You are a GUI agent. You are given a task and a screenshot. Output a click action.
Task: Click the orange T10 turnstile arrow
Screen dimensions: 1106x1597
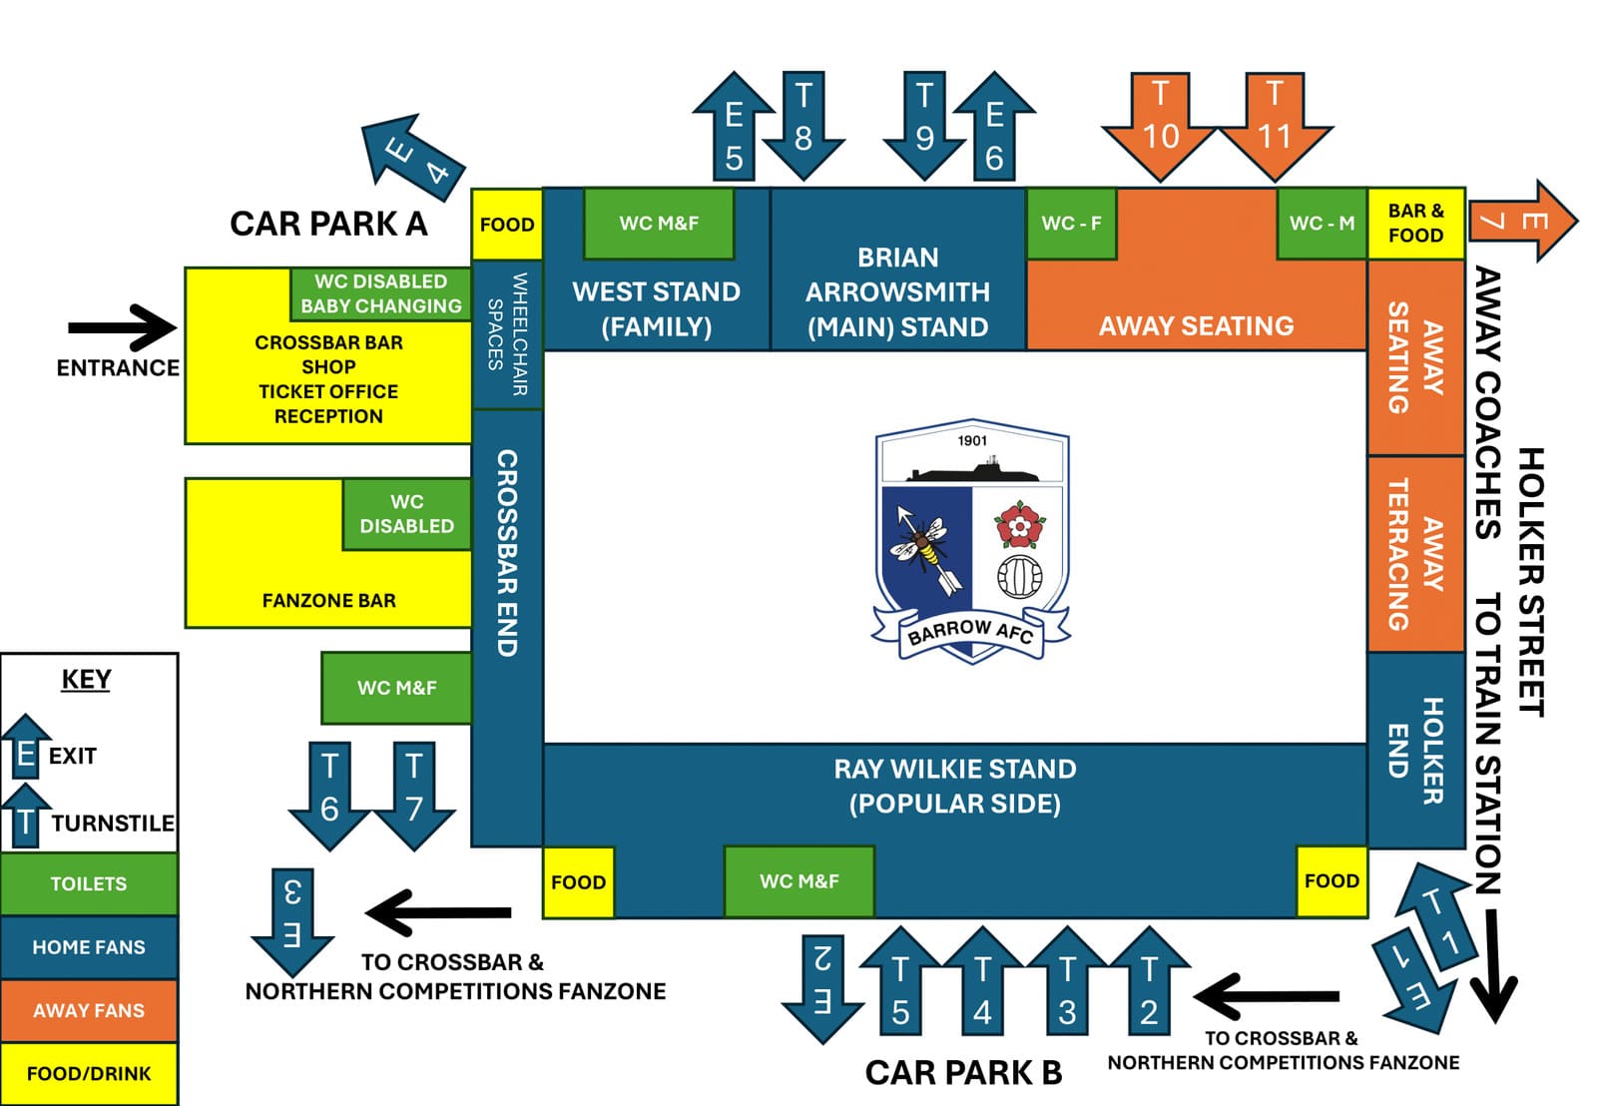(x=1159, y=125)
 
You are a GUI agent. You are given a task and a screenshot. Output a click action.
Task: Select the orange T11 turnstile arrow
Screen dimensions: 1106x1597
(x=1275, y=125)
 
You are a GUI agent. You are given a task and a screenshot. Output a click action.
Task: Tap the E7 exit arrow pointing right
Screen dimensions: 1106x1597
(x=1521, y=221)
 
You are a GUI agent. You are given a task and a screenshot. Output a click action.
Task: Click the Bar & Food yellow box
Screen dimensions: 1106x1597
(x=1415, y=224)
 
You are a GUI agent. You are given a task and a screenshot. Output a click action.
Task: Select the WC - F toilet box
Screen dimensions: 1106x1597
(x=1071, y=224)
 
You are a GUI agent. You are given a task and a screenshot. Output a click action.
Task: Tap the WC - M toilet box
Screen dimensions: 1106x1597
(x=1322, y=224)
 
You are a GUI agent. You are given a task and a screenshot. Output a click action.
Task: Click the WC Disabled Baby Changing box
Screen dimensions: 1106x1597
(x=381, y=293)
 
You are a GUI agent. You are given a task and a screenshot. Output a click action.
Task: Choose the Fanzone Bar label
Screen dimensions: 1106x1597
(x=328, y=601)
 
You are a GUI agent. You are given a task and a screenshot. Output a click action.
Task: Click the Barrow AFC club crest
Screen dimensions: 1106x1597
(x=972, y=540)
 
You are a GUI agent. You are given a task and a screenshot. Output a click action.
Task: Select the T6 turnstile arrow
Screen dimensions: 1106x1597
(x=329, y=795)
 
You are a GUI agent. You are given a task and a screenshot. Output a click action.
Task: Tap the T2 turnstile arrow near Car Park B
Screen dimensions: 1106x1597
(x=1149, y=984)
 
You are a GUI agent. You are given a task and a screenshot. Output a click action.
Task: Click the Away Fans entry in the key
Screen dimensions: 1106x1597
(x=89, y=1010)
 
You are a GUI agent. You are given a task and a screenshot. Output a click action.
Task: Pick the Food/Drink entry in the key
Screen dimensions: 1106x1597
(x=89, y=1074)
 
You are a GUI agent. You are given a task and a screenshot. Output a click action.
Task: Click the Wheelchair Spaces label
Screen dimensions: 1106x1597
(x=507, y=334)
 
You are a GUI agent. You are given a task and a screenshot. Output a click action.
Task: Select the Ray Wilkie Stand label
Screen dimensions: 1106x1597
(x=954, y=786)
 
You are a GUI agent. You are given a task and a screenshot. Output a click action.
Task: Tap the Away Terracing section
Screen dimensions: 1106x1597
(x=1415, y=555)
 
